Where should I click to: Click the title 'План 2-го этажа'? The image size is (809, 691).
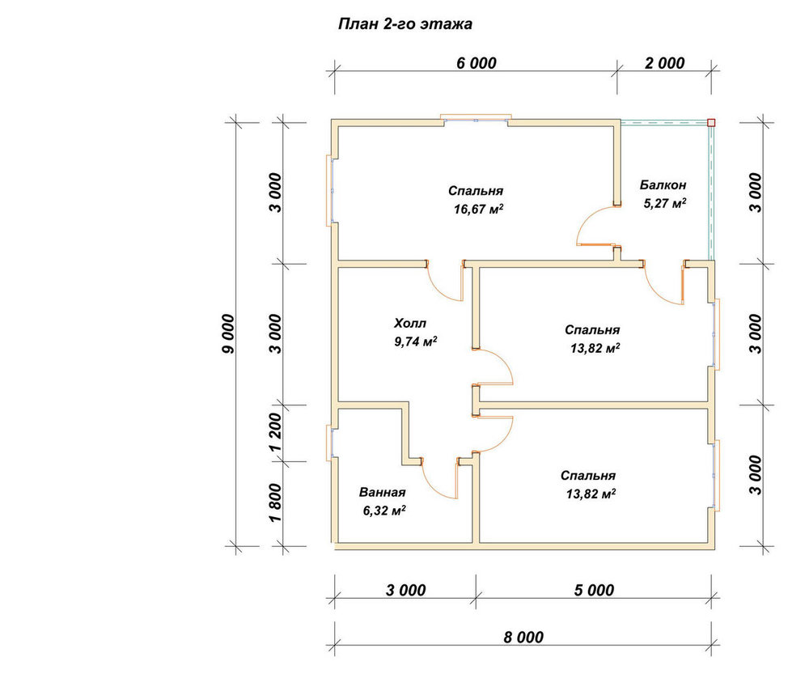[x=405, y=24]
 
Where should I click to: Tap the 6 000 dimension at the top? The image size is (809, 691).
[x=477, y=63]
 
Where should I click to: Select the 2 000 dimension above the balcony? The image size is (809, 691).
[x=664, y=63]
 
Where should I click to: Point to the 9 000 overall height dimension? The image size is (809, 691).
[x=227, y=334]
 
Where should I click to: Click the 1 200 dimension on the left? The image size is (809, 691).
[x=276, y=432]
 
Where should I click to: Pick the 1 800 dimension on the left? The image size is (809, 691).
[x=276, y=502]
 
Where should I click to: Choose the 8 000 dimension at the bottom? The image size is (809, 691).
[x=523, y=638]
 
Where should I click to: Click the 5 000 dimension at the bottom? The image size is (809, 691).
[x=594, y=590]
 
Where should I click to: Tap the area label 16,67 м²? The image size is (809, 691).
[x=478, y=209]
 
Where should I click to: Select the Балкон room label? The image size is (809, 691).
[x=663, y=184]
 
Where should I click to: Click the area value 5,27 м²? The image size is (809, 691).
[x=664, y=203]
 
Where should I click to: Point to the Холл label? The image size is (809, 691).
[x=410, y=323]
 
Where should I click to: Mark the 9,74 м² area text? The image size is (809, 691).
[x=416, y=341]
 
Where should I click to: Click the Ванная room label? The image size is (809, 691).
[x=383, y=492]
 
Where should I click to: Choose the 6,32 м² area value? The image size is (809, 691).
[x=384, y=511]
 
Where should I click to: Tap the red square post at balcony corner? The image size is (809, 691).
[x=711, y=123]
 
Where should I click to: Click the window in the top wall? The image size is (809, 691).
[x=476, y=119]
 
